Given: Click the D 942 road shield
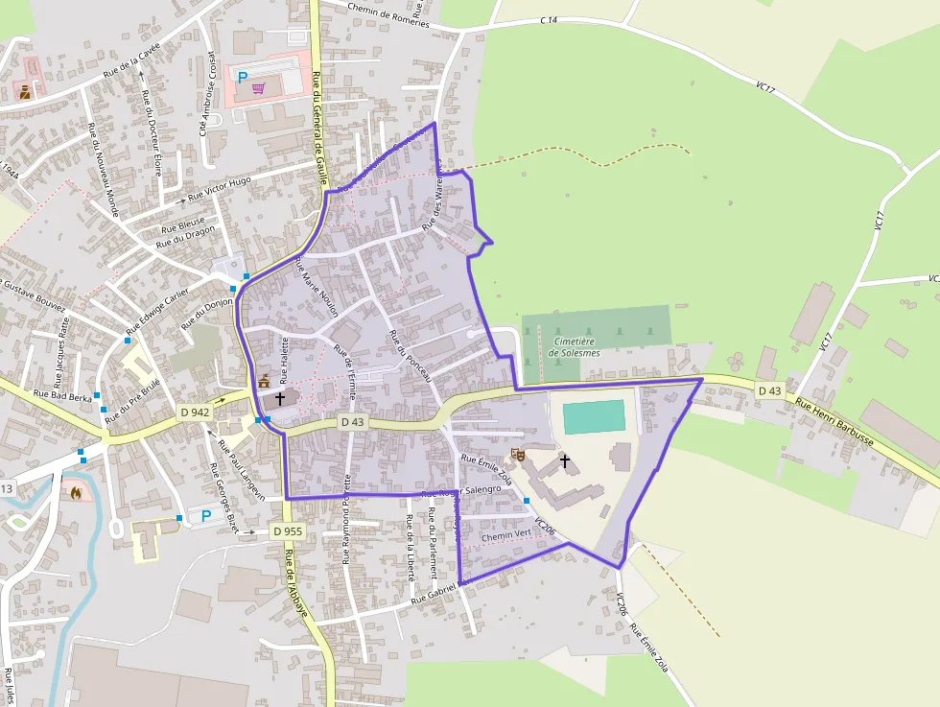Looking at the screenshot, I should [195, 412].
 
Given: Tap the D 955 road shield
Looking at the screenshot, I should [287, 530].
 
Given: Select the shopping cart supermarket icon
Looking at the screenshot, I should [258, 88].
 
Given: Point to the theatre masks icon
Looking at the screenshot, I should [519, 454].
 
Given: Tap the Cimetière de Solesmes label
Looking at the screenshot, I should [573, 346].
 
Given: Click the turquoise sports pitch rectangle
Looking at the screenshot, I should [594, 417].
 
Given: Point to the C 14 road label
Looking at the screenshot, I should [549, 19].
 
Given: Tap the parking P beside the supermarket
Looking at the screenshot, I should [242, 76].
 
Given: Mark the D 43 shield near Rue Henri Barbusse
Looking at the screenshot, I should [768, 390].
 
